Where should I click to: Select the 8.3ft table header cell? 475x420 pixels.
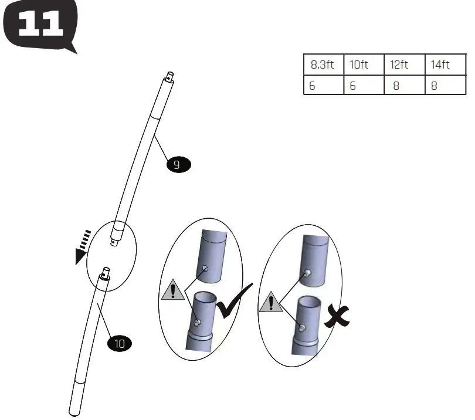[x=323, y=65]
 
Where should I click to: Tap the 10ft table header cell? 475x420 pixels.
[x=364, y=65]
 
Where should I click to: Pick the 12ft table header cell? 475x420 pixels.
[x=404, y=65]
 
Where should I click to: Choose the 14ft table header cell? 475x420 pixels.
[x=445, y=65]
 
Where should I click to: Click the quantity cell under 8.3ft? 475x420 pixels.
[x=323, y=86]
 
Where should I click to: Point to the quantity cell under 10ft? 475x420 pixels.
[x=364, y=86]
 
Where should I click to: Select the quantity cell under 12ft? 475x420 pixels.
[x=404, y=86]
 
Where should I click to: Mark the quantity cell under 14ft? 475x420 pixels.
[x=445, y=86]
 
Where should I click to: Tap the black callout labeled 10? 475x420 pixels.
[x=120, y=344]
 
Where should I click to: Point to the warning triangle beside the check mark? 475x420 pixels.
[x=172, y=290]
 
